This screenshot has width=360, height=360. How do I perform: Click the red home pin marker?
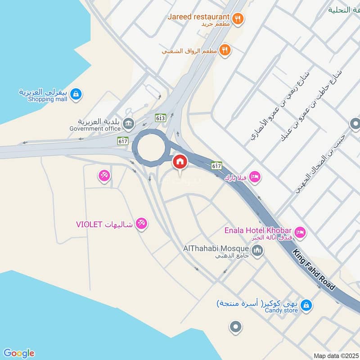pyautogui.click(x=180, y=161)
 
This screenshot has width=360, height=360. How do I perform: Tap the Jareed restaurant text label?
pyautogui.click(x=198, y=17)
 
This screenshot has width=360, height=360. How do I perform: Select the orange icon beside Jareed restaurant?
pyautogui.click(x=238, y=18)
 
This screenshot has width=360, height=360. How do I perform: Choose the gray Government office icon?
pyautogui.click(x=128, y=124)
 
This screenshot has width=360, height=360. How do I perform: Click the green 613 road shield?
pyautogui.click(x=160, y=117)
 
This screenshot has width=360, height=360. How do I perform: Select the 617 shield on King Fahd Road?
pyautogui.click(x=217, y=166)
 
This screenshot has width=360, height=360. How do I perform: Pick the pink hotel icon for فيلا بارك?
pyautogui.click(x=255, y=177)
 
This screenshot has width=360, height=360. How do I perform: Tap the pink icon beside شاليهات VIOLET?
pyautogui.click(x=141, y=224)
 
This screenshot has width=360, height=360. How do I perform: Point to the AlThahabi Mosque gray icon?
pyautogui.click(x=257, y=250)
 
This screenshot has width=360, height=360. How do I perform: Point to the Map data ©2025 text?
pyautogui.click(x=335, y=355)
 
